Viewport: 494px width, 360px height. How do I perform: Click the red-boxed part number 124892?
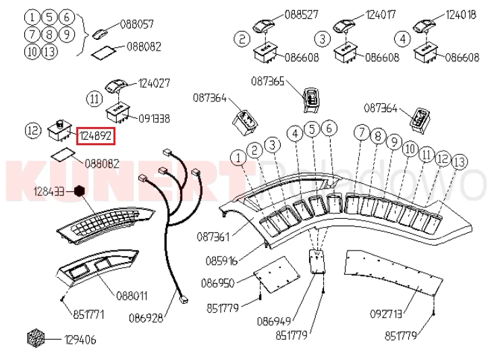pyautogui.click(x=95, y=136)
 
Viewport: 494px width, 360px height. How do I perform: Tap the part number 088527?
pyautogui.click(x=301, y=14)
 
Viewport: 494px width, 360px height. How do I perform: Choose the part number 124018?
pyautogui.click(x=462, y=14)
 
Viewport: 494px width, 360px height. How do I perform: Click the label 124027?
pyautogui.click(x=155, y=84)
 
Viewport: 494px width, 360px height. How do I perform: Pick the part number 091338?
pyautogui.click(x=155, y=118)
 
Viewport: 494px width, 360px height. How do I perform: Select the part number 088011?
pyautogui.click(x=132, y=295)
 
